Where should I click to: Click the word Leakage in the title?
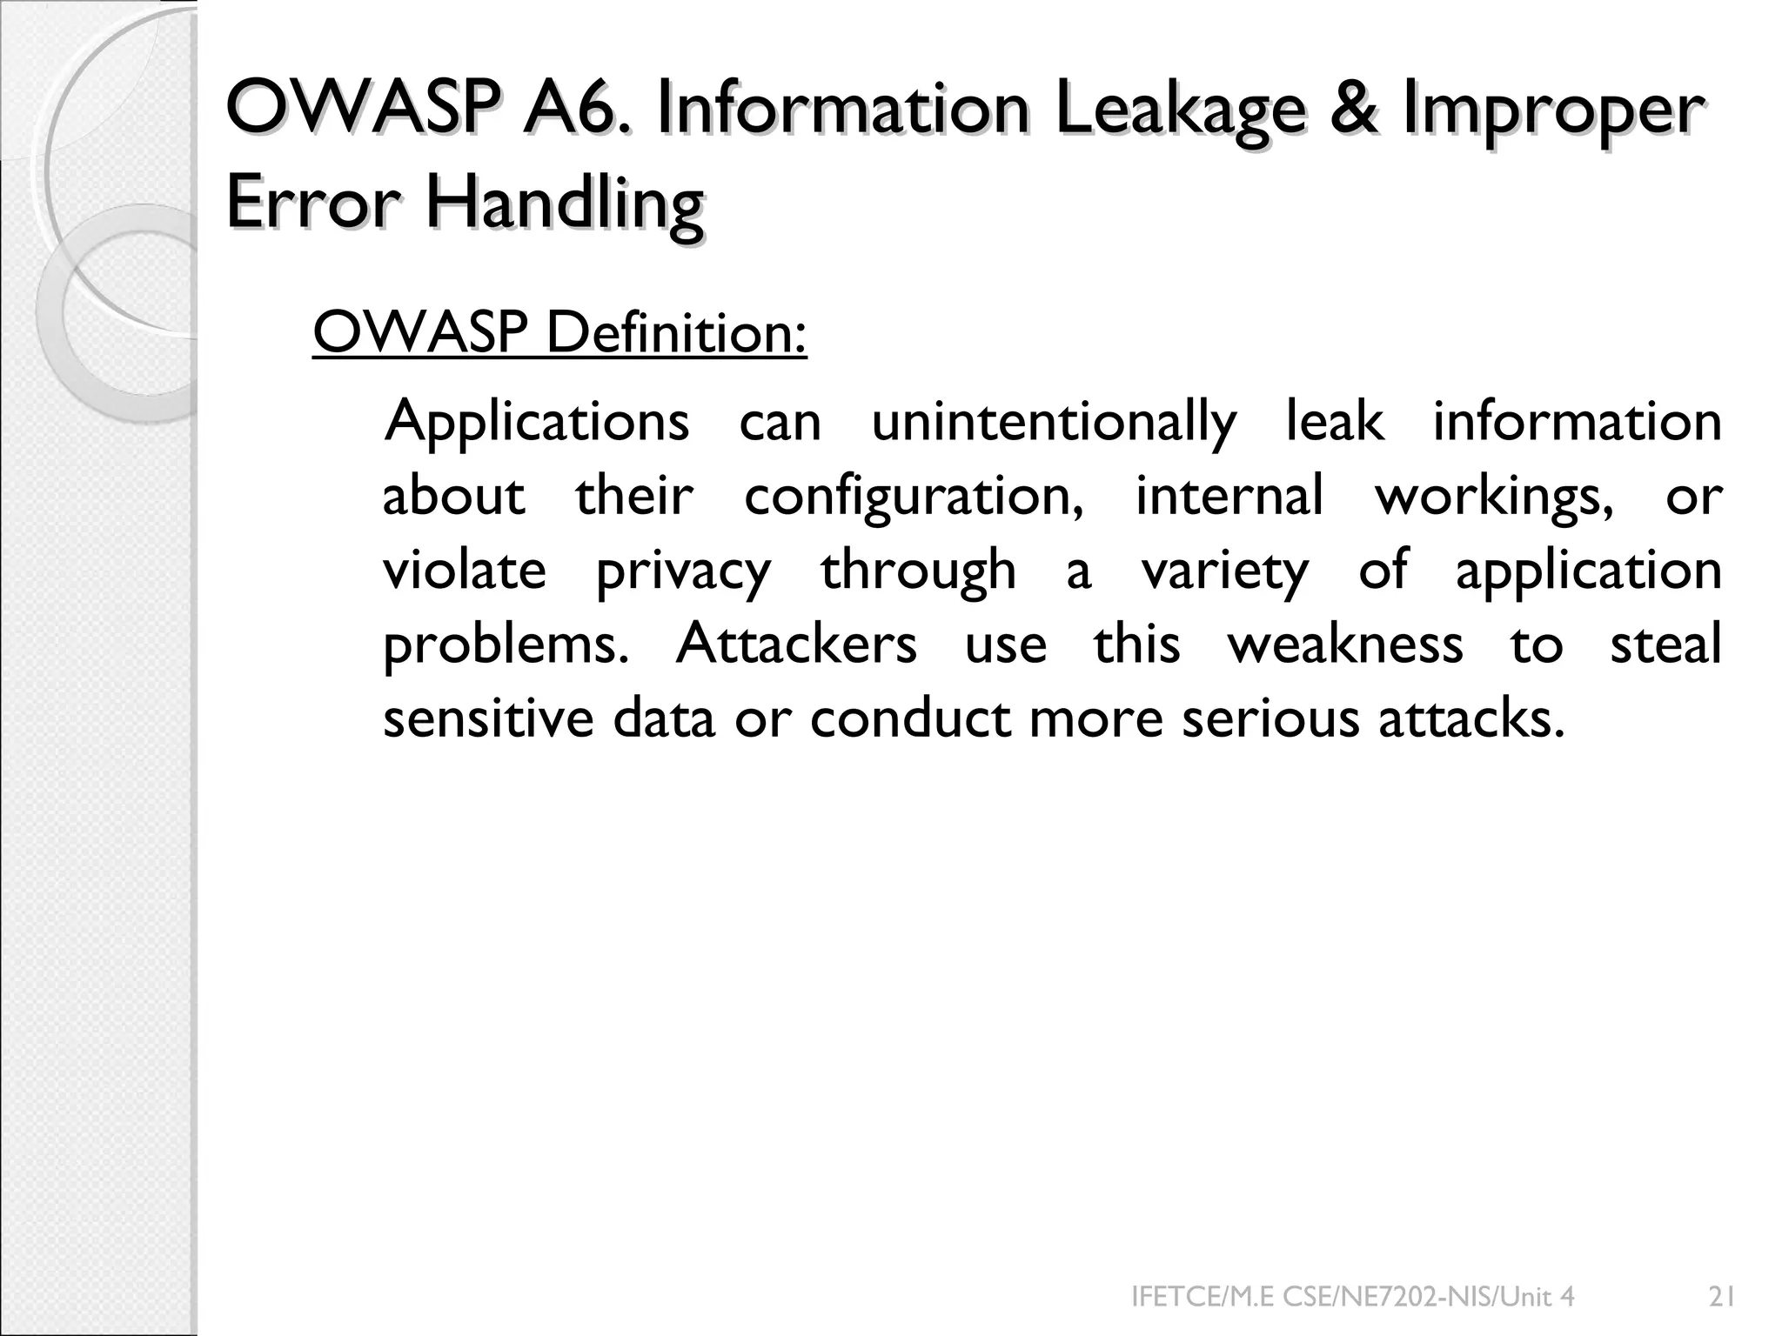click(x=1180, y=112)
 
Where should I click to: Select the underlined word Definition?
click(x=676, y=333)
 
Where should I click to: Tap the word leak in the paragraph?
click(x=1335, y=422)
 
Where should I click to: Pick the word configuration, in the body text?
click(x=914, y=498)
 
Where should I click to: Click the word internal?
click(x=1229, y=496)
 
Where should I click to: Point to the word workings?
click(x=1494, y=498)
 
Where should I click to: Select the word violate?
click(x=465, y=571)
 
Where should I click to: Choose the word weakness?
click(x=1345, y=645)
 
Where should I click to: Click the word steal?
click(x=1665, y=644)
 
